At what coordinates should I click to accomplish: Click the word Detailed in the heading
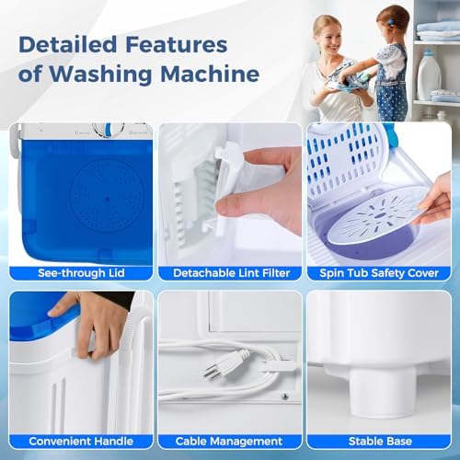[67, 44]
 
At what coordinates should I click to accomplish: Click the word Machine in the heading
[210, 74]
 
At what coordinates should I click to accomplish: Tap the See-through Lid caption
[81, 273]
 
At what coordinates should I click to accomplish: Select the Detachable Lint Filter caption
[231, 273]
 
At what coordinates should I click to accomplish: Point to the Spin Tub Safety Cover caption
[379, 273]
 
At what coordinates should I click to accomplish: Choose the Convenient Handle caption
[81, 442]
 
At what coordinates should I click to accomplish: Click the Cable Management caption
[229, 442]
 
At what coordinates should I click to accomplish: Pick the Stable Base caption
[380, 442]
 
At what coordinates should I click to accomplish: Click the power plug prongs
[210, 371]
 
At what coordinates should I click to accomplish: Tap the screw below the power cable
[285, 397]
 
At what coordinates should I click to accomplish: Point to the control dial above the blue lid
[108, 130]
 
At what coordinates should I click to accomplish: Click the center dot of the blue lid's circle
[107, 199]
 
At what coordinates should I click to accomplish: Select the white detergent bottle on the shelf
[429, 75]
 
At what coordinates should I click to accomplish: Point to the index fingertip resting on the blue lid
[54, 313]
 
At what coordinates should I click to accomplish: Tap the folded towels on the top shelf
[439, 29]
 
